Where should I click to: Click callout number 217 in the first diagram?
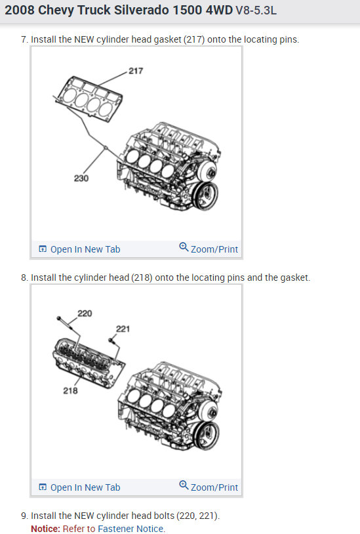136,71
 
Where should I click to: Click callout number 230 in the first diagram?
81,178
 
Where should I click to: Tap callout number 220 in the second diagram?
85,314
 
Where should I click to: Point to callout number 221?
123,329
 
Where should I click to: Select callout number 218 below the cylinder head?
70,390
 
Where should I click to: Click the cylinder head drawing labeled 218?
89,363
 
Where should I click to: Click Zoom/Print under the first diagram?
209,249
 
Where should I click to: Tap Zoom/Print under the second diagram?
209,487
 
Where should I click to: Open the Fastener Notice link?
130,529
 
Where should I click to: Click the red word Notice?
46,529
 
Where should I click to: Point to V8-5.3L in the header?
256,10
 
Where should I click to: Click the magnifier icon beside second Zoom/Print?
184,485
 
